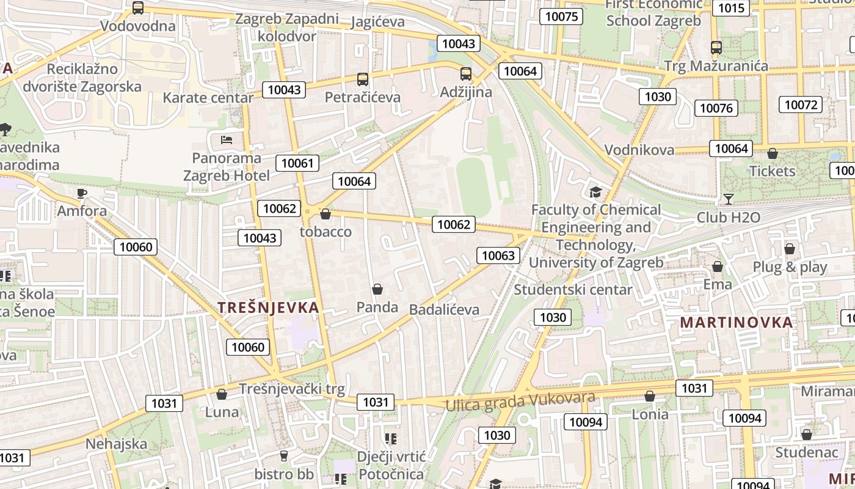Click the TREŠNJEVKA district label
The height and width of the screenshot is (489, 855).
click(x=268, y=307)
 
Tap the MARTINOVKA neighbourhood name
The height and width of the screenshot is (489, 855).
click(x=736, y=322)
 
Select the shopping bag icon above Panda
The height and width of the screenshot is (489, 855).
click(x=377, y=289)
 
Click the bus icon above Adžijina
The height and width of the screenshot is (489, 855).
click(x=466, y=74)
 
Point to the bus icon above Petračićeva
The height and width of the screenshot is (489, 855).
click(x=363, y=79)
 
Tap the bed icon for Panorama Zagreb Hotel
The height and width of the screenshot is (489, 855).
click(x=227, y=139)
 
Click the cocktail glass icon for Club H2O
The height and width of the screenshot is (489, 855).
click(x=728, y=199)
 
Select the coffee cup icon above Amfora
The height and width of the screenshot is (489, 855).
click(x=82, y=194)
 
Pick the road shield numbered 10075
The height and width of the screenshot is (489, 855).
click(x=561, y=17)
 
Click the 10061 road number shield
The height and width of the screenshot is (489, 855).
click(x=297, y=163)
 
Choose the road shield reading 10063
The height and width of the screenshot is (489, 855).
click(x=498, y=256)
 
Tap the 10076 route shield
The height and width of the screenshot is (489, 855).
click(x=716, y=108)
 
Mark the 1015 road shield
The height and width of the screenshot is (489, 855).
click(x=732, y=8)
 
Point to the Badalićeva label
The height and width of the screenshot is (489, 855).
click(x=444, y=310)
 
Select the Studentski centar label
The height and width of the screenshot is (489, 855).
click(x=573, y=289)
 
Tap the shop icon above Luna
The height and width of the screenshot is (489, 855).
click(x=222, y=394)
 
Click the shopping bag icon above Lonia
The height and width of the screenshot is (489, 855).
click(x=650, y=396)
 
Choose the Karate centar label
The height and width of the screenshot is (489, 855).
click(x=208, y=98)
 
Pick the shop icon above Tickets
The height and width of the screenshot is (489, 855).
click(x=773, y=153)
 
